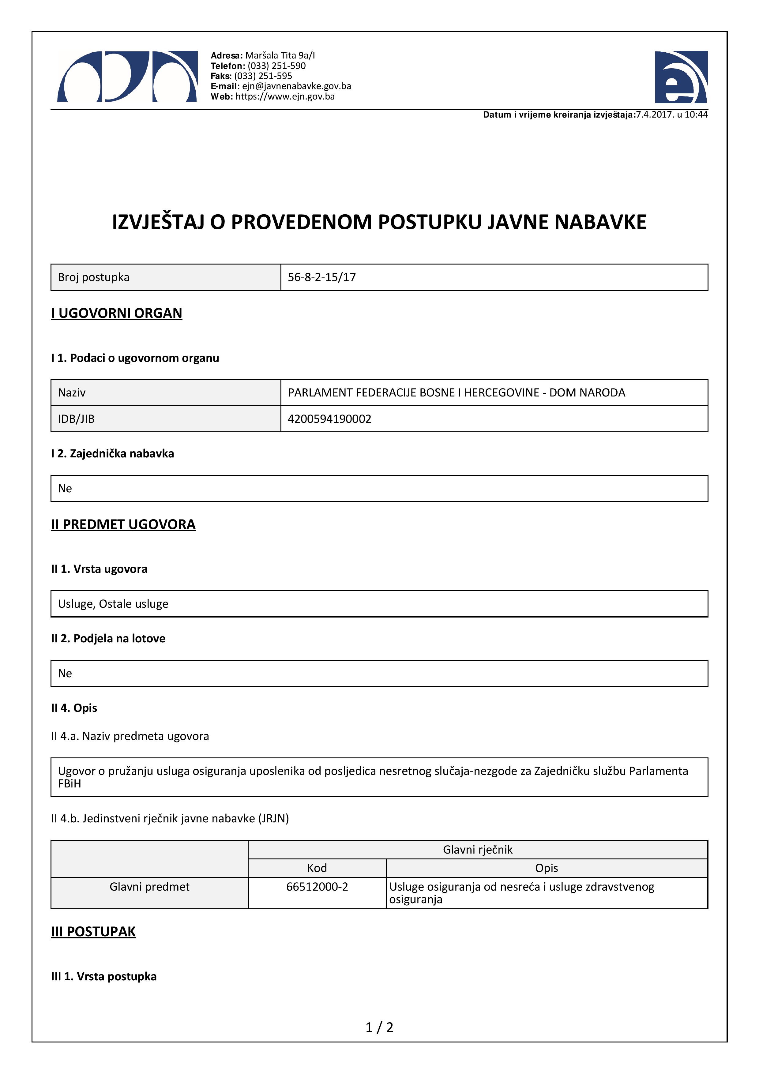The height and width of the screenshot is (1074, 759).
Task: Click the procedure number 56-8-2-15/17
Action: pos(322,277)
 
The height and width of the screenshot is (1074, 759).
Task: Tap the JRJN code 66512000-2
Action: pos(317,887)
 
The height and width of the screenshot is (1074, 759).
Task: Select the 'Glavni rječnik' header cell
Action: pos(477,850)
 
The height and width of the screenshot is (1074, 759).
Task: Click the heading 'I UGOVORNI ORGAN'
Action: pos(116,314)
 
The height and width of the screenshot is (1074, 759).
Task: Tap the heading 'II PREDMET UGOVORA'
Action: pos(123,524)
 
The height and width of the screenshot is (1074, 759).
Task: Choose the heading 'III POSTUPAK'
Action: pos(93,932)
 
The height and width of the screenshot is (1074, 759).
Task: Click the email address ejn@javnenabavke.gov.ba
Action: pos(296,86)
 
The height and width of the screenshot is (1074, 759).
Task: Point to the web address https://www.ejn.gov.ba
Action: pos(285,97)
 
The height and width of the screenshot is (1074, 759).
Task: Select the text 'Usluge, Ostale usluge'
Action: pos(113,604)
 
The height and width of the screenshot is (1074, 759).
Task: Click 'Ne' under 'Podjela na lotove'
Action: pos(65,674)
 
